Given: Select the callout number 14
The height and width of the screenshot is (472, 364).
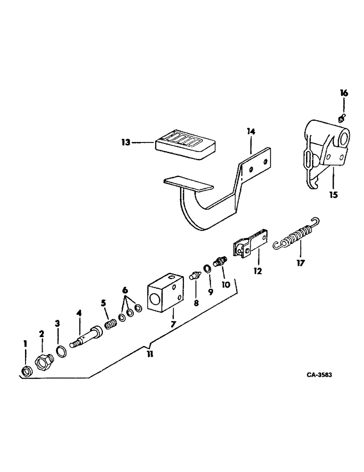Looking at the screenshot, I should click(250, 133).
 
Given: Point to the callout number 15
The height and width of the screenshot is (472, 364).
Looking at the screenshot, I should click(333, 194).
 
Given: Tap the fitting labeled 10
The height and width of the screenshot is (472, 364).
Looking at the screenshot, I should click(219, 261).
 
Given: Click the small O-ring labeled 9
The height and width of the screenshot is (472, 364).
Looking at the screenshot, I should click(207, 269).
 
